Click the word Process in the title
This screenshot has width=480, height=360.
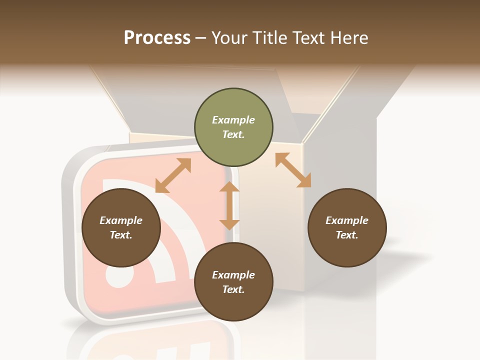point(157,38)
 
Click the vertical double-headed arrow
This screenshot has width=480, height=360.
point(229,205)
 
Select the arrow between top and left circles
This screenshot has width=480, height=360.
point(173,176)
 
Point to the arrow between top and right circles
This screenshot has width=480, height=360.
point(293,170)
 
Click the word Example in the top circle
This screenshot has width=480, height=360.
point(233,120)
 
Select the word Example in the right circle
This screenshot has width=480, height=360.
point(347,220)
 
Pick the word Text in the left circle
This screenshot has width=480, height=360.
point(120,235)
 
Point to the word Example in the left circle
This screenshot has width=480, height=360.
point(121,220)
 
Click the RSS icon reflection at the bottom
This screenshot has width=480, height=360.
point(150,345)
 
